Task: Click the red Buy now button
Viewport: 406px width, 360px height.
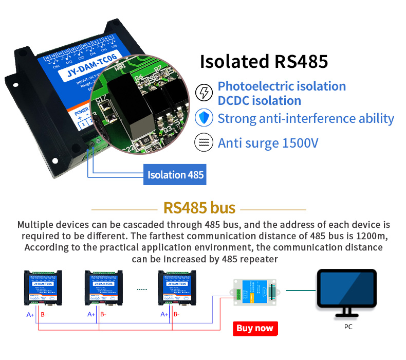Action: [x=255, y=328]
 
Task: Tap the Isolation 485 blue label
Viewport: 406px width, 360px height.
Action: [x=176, y=175]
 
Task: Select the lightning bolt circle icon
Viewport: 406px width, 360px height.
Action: [x=205, y=93]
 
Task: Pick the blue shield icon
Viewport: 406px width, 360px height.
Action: [x=205, y=118]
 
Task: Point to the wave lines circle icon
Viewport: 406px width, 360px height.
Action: [x=205, y=142]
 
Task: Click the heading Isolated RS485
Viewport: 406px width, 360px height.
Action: [x=264, y=62]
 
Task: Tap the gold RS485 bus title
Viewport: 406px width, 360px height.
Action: [x=199, y=208]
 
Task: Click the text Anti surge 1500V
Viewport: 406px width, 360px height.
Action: [x=268, y=143]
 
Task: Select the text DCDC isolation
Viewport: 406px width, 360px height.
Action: [x=260, y=100]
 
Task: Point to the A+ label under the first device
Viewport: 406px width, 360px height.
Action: [x=30, y=315]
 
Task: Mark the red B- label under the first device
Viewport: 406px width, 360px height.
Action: [x=44, y=315]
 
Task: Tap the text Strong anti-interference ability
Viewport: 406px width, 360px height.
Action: [x=306, y=119]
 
